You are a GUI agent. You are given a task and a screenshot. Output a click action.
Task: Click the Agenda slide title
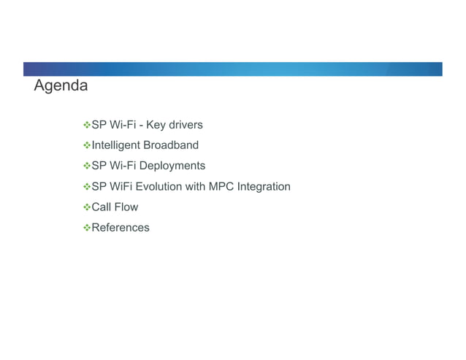pyautogui.click(x=61, y=86)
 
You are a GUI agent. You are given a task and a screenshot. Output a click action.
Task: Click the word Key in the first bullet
pyautogui.click(x=156, y=125)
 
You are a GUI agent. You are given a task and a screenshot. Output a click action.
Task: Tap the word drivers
pyautogui.click(x=186, y=125)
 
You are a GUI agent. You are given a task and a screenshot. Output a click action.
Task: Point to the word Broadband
pyautogui.click(x=170, y=145)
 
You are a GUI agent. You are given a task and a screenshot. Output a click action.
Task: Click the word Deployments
pyautogui.click(x=174, y=166)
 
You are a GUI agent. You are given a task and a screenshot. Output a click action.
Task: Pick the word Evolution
pyautogui.click(x=158, y=186)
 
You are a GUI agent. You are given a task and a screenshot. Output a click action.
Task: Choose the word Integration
pyautogui.click(x=264, y=186)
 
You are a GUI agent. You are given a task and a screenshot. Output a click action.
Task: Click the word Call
pyautogui.click(x=101, y=207)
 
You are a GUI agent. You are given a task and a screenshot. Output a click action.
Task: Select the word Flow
pyautogui.click(x=126, y=207)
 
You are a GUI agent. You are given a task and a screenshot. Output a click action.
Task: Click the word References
pyautogui.click(x=120, y=227)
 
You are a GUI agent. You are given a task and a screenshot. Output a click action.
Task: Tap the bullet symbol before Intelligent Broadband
pyautogui.click(x=85, y=145)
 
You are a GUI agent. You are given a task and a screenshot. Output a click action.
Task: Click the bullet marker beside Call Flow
pyautogui.click(x=85, y=207)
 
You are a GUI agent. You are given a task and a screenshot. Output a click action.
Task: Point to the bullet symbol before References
pyautogui.click(x=85, y=227)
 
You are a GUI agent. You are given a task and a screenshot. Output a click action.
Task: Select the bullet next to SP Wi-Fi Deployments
pyautogui.click(x=85, y=166)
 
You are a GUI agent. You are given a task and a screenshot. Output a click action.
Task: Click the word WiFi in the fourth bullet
pyautogui.click(x=121, y=186)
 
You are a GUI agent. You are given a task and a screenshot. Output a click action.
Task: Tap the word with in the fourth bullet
pyautogui.click(x=195, y=186)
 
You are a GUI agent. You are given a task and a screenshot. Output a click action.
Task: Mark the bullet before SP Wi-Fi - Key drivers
pyautogui.click(x=85, y=125)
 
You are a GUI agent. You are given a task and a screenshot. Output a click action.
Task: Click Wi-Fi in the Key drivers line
pyautogui.click(x=123, y=125)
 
